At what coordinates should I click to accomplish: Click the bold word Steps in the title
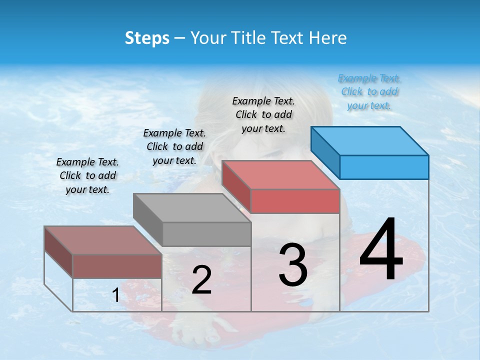147,38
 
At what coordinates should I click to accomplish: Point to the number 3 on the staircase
292,265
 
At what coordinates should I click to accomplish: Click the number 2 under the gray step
201,280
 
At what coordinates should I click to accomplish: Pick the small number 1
116,295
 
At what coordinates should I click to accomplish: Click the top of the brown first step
103,240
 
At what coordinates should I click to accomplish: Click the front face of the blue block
384,167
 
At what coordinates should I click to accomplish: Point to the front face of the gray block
207,234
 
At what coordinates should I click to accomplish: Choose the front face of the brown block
117,266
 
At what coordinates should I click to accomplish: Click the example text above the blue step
369,92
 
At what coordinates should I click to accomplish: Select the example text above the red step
263,114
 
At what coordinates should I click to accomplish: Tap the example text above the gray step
174,146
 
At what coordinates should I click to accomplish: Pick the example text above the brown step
87,175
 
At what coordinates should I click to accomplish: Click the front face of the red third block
295,201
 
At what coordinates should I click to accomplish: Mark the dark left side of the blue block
325,152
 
